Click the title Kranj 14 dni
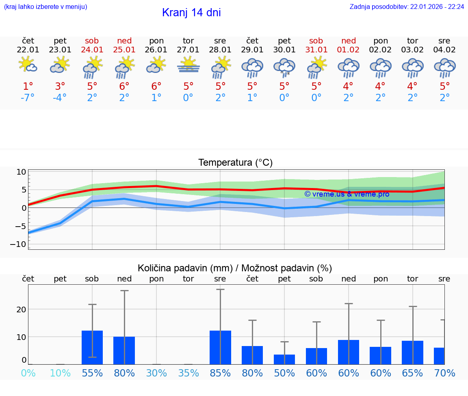click(x=191, y=13)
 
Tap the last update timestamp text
click(x=407, y=6)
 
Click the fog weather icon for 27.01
click(x=188, y=65)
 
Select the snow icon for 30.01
click(x=284, y=67)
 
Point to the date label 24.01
click(x=92, y=50)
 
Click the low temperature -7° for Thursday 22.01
click(x=28, y=98)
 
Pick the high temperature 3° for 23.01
click(x=60, y=86)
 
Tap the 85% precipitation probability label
click(x=220, y=373)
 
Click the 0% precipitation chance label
click(x=28, y=373)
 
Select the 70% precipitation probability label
click(x=444, y=373)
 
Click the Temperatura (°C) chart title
click(x=235, y=163)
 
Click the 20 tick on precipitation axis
click(x=21, y=309)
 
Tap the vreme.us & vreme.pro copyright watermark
click(x=347, y=194)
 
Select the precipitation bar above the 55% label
click(x=92, y=347)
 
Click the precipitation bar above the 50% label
click(x=284, y=359)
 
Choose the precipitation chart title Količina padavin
click(x=235, y=268)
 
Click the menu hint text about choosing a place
click(x=45, y=6)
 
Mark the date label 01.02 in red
click(x=348, y=50)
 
